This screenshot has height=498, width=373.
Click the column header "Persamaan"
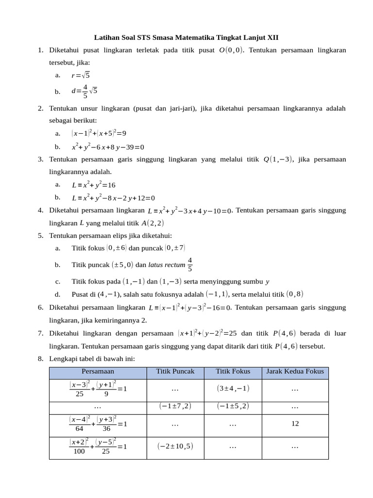coord(98,372)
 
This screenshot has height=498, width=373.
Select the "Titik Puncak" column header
coord(175,372)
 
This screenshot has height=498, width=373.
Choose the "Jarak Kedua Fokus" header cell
coord(295,372)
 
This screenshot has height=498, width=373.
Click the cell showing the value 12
coord(295,424)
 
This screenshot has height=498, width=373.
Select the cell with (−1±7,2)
coord(175,406)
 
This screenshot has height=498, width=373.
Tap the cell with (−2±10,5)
coord(175,446)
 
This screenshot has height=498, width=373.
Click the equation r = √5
coord(81,75)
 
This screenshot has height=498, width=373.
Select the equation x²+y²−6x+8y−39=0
coord(108,147)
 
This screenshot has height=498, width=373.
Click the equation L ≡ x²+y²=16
coord(93,185)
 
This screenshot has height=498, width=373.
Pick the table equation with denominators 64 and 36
coord(98,424)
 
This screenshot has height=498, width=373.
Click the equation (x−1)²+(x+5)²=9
coord(99,133)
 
